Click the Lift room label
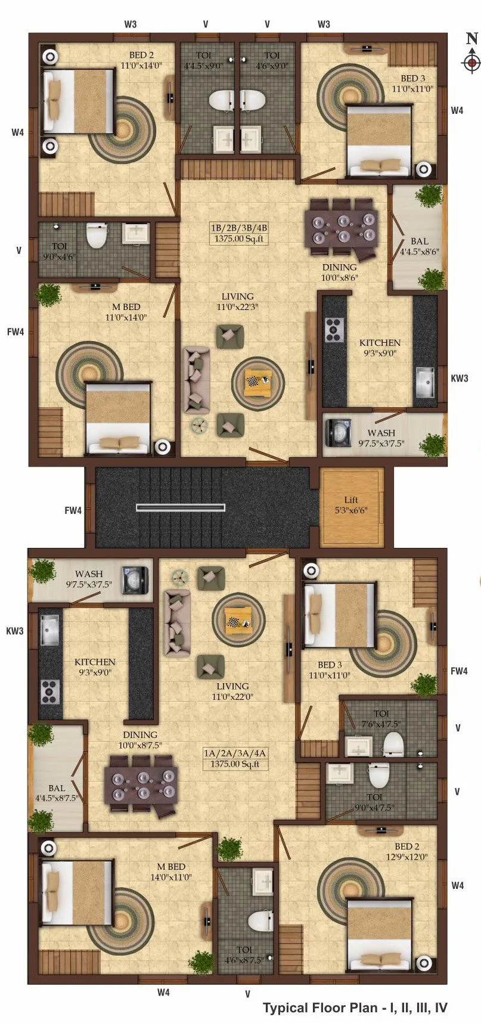point(351,505)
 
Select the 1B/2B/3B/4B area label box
point(238,233)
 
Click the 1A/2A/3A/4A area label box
point(235,758)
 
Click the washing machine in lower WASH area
point(134,580)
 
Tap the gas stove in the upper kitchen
point(334,330)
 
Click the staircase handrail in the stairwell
point(181,507)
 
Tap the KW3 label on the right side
point(459,378)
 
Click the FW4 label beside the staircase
point(73,510)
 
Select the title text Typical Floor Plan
point(355,1007)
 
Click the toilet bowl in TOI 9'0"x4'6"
point(95,236)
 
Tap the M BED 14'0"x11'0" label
point(171,872)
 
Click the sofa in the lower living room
point(177,623)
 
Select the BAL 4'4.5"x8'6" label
point(419,246)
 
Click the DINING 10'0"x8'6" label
point(339,272)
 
